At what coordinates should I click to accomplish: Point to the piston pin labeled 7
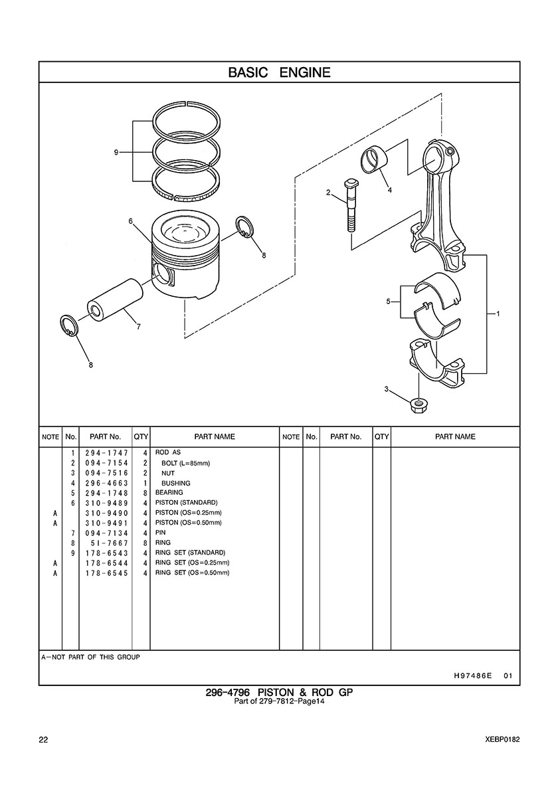115,301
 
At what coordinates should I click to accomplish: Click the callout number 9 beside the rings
116,152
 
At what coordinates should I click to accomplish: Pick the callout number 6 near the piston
130,221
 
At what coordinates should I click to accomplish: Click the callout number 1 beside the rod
498,313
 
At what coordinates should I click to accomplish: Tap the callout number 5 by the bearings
388,302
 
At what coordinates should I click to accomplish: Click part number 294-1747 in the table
107,453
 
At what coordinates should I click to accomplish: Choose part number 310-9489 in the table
107,503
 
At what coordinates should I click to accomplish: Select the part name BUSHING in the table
175,483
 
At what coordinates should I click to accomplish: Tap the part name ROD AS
168,452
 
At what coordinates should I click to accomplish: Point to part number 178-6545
107,573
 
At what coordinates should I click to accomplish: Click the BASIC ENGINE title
279,72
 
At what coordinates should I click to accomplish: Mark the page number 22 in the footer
43,740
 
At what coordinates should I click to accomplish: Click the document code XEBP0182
502,740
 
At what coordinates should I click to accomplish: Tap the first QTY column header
141,437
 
